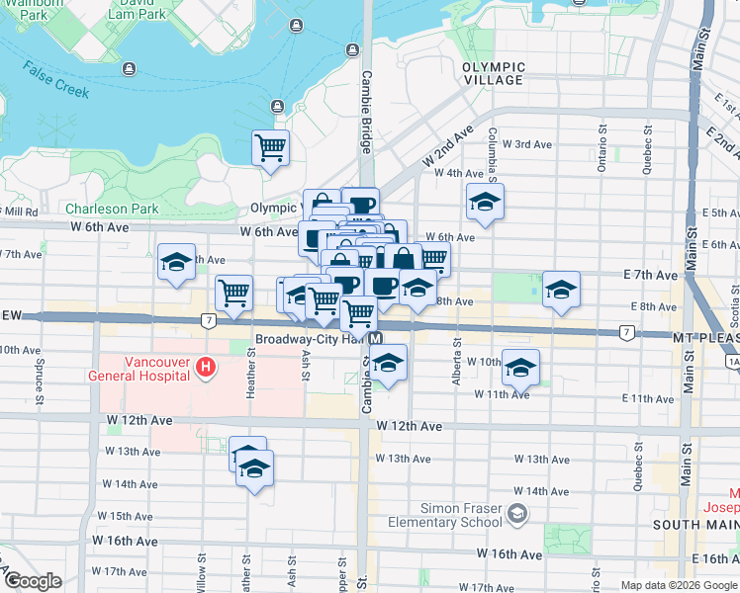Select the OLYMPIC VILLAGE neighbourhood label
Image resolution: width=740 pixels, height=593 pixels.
pos(493,73)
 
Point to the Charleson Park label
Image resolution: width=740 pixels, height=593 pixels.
pos(112,209)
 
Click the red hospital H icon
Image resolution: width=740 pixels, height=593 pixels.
pos(206,368)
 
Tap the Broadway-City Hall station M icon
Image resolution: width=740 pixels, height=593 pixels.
pos(377,338)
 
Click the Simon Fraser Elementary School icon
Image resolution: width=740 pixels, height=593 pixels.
pos(516,514)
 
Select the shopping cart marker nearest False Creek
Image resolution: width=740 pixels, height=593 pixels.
pos(270,147)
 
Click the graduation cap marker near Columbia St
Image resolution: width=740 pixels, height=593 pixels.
pos(484,202)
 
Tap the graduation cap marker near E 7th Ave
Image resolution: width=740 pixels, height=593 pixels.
pos(561,289)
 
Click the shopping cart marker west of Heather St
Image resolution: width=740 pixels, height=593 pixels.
pos(233,292)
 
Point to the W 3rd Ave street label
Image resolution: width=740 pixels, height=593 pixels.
pos(526,144)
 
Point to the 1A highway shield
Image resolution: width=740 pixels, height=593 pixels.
pos(733,363)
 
